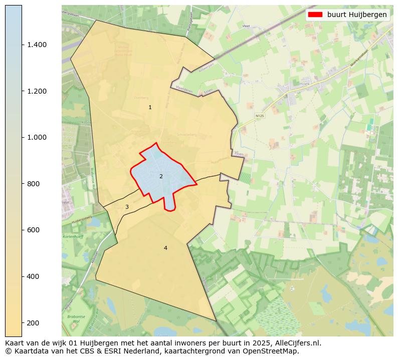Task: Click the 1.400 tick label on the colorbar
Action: [x=37, y=45]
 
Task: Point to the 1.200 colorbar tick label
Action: [x=37, y=91]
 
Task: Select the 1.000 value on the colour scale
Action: [x=37, y=137]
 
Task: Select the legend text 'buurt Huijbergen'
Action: [x=357, y=15]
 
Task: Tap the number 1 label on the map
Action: [x=150, y=108]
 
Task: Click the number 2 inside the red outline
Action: [x=161, y=176]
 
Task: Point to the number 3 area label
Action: [x=127, y=207]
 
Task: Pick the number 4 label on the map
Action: [x=165, y=248]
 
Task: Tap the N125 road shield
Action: [x=259, y=116]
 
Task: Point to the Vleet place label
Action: [x=246, y=25]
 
